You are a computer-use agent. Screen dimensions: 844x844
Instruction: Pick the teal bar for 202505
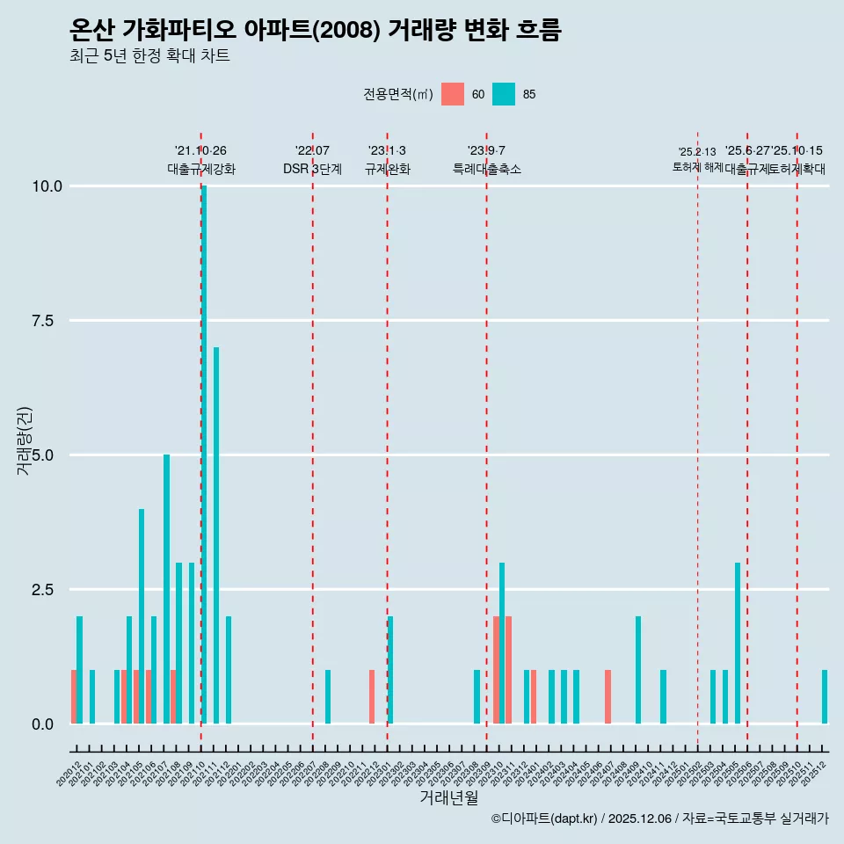coord(738,643)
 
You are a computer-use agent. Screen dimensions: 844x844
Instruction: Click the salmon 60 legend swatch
coord(453,94)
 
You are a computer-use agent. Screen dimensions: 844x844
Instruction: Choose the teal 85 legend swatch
coord(504,94)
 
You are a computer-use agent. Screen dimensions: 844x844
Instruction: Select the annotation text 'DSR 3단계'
coord(312,169)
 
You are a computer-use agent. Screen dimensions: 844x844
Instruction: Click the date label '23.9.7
coord(486,150)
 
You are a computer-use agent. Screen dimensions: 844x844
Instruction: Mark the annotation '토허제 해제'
coord(697,167)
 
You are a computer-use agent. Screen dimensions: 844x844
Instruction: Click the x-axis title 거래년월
coord(449,798)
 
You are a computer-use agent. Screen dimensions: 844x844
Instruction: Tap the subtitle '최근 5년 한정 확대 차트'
coord(149,56)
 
